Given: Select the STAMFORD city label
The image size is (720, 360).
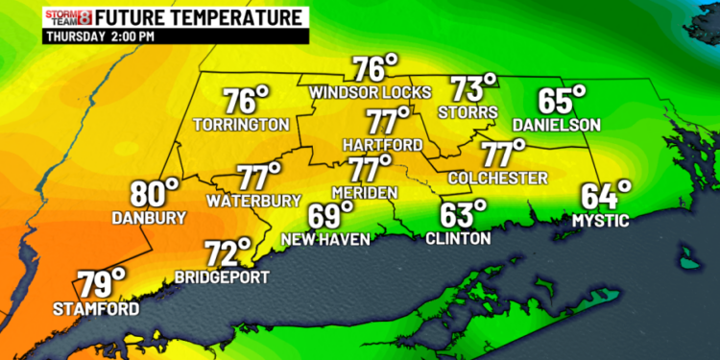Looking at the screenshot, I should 96,308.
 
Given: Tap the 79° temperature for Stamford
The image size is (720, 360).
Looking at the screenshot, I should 102,284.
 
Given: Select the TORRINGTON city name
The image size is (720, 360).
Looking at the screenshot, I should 241,125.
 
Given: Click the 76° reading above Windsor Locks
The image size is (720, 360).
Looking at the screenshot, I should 374,69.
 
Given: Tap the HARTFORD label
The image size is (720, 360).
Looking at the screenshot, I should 382,144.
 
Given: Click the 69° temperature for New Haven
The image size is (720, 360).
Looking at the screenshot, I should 332,216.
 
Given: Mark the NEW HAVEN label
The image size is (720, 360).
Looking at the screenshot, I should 325,238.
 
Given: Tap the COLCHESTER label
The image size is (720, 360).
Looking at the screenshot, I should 497,178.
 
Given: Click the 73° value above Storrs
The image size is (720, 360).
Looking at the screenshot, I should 475,89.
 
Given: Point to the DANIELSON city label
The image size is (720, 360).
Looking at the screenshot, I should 556,125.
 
